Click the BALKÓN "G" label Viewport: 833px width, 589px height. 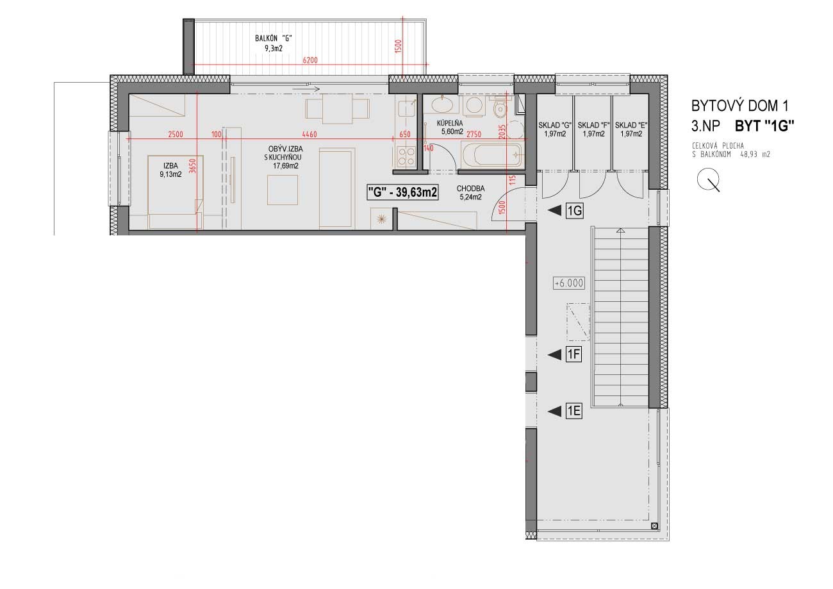(273, 38)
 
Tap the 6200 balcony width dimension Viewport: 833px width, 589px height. (309, 60)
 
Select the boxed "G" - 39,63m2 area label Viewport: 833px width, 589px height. (402, 193)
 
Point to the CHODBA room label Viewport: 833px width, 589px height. (470, 189)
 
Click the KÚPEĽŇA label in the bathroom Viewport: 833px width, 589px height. (450, 123)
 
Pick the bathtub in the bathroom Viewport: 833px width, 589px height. (492, 154)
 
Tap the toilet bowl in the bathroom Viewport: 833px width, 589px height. (500, 107)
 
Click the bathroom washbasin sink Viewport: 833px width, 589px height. (442, 104)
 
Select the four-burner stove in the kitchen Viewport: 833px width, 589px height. (406, 156)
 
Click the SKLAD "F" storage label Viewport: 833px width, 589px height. (593, 126)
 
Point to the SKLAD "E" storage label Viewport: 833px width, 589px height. (631, 126)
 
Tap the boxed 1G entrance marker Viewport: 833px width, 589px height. (574, 212)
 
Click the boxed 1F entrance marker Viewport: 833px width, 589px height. (573, 354)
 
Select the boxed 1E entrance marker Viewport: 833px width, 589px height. (573, 411)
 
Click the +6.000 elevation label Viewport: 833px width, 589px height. (568, 283)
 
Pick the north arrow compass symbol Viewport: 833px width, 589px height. (709, 179)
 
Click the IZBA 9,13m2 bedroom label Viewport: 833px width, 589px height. (170, 170)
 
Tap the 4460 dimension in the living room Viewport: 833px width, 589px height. (309, 134)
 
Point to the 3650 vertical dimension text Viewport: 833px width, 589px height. (192, 166)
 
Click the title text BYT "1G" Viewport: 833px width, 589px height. (764, 126)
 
